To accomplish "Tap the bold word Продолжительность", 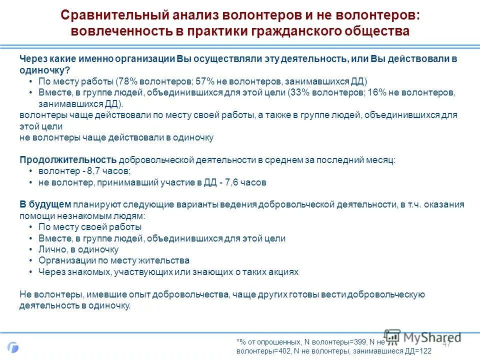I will [68, 160].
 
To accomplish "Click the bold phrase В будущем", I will [45, 204].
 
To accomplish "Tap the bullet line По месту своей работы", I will [89, 227].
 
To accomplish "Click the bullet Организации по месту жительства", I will [113, 260].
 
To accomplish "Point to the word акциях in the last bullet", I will [285, 272].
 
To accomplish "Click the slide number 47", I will [446, 343].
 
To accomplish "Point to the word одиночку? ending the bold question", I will [45, 70].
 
